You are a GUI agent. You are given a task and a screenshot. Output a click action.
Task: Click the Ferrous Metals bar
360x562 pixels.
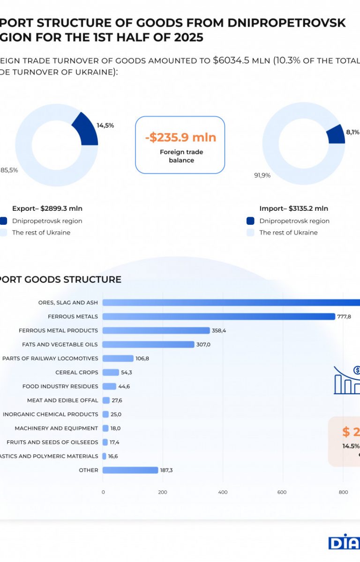(218, 317)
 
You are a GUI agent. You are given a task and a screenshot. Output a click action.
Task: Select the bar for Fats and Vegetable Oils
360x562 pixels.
(148, 345)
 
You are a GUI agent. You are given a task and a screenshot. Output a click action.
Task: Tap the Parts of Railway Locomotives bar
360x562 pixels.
(118, 358)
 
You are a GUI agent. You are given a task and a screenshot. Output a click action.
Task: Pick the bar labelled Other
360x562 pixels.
(130, 470)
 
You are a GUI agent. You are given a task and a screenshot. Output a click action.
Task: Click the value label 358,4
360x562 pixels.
(219, 331)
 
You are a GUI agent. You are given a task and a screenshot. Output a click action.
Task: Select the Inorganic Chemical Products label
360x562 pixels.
(51, 414)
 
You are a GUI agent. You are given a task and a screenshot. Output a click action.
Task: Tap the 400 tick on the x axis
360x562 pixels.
(223, 492)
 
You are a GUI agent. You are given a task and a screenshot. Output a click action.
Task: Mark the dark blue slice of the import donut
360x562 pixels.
(336, 134)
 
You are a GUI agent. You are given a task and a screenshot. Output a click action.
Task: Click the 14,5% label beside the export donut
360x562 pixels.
(105, 126)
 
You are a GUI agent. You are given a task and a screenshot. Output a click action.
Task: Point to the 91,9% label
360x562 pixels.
(262, 176)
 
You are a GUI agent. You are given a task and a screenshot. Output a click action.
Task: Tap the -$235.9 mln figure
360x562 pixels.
(180, 138)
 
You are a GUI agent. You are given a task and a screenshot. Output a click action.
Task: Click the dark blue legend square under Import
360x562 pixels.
(250, 221)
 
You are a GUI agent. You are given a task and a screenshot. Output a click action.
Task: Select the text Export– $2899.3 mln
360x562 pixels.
(47, 209)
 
